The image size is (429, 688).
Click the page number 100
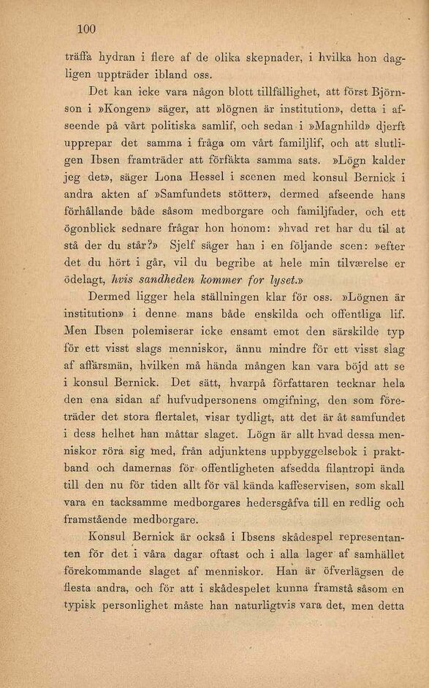tap(86, 29)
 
